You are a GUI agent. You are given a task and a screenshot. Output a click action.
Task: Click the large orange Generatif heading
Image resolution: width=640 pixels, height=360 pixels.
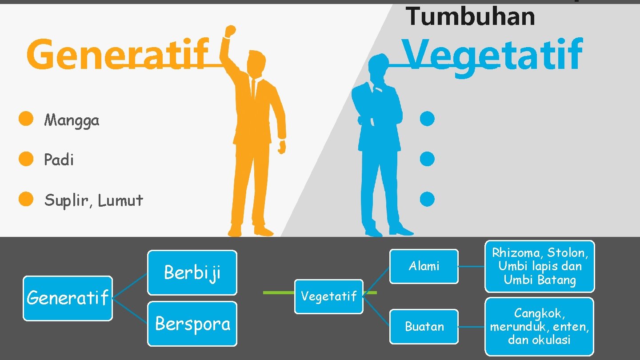pyautogui.click(x=117, y=55)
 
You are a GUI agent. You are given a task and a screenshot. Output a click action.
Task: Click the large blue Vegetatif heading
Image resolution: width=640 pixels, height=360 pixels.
pyautogui.click(x=492, y=55)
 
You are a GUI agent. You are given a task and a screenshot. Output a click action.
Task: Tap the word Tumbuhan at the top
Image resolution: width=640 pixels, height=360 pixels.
pyautogui.click(x=470, y=16)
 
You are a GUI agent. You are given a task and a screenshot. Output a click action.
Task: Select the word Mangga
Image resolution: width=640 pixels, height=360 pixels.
pyautogui.click(x=72, y=120)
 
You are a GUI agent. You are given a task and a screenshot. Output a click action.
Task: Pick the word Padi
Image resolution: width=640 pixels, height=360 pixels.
pyautogui.click(x=59, y=160)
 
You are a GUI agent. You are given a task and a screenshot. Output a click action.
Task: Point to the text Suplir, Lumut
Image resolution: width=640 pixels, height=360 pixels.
pyautogui.click(x=93, y=200)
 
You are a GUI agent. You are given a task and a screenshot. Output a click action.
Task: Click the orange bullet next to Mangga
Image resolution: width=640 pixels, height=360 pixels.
pyautogui.click(x=26, y=119)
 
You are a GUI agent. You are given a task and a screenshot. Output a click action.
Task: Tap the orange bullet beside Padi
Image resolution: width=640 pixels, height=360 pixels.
pyautogui.click(x=26, y=159)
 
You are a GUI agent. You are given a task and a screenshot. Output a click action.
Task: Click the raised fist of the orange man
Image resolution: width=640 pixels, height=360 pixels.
pyautogui.click(x=230, y=32)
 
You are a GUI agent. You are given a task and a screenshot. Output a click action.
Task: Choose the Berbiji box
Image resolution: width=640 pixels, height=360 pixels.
pyautogui.click(x=192, y=272)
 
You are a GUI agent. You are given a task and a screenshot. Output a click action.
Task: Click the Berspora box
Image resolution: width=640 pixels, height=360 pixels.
pyautogui.click(x=192, y=324)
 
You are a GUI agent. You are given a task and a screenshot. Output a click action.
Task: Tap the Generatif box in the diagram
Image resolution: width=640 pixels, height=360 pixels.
pyautogui.click(x=68, y=298)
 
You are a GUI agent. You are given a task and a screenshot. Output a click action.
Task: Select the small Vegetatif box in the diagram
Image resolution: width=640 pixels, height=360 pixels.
pyautogui.click(x=329, y=296)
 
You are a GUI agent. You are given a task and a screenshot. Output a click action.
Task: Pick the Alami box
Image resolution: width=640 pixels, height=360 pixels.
pyautogui.click(x=424, y=266)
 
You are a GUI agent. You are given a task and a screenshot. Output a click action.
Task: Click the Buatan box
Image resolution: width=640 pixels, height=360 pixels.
pyautogui.click(x=424, y=327)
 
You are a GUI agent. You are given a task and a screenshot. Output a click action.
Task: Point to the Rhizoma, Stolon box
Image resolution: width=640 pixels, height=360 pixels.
pyautogui.click(x=540, y=266)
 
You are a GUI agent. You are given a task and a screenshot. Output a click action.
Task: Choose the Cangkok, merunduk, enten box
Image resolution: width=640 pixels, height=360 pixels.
pyautogui.click(x=539, y=327)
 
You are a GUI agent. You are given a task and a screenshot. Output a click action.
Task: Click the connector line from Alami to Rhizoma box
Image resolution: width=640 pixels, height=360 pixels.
pyautogui.click(x=472, y=267)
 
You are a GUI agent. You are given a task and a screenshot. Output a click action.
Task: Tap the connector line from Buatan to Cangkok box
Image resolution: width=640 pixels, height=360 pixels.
pyautogui.click(x=472, y=327)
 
